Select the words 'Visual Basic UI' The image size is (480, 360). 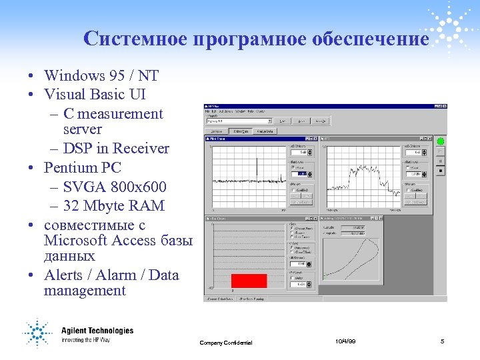[x=95, y=95]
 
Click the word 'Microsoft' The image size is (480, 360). [x=77, y=240]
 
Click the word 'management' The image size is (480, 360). [x=85, y=291]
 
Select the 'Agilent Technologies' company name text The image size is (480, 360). [x=97, y=331]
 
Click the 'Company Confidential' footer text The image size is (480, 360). [x=226, y=343]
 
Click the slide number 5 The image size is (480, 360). [x=442, y=341]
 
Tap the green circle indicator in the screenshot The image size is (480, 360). [x=440, y=141]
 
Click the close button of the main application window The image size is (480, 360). [x=444, y=107]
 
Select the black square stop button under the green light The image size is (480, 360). [x=440, y=171]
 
